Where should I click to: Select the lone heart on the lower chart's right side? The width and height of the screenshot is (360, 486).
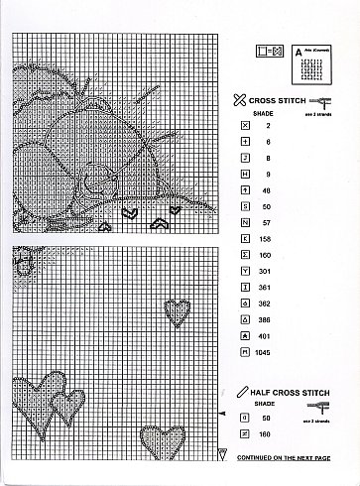pyautogui.click(x=178, y=311)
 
